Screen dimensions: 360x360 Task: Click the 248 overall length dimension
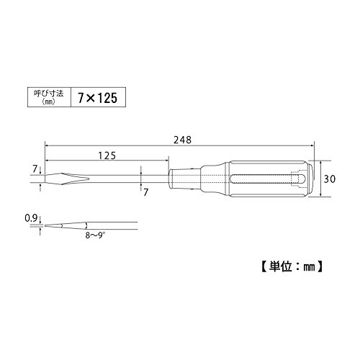point(183,140)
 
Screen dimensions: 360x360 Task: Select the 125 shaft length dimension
point(107,156)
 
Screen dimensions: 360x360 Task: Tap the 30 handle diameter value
point(330,179)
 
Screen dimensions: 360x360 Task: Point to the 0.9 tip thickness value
point(31,218)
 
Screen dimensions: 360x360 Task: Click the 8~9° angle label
point(95,235)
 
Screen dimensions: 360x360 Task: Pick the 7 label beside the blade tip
point(35,169)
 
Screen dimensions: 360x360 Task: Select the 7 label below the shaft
point(146,192)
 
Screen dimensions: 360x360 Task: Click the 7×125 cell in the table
point(98,97)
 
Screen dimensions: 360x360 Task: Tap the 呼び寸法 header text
point(49,94)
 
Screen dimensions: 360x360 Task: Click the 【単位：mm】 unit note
point(292,266)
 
